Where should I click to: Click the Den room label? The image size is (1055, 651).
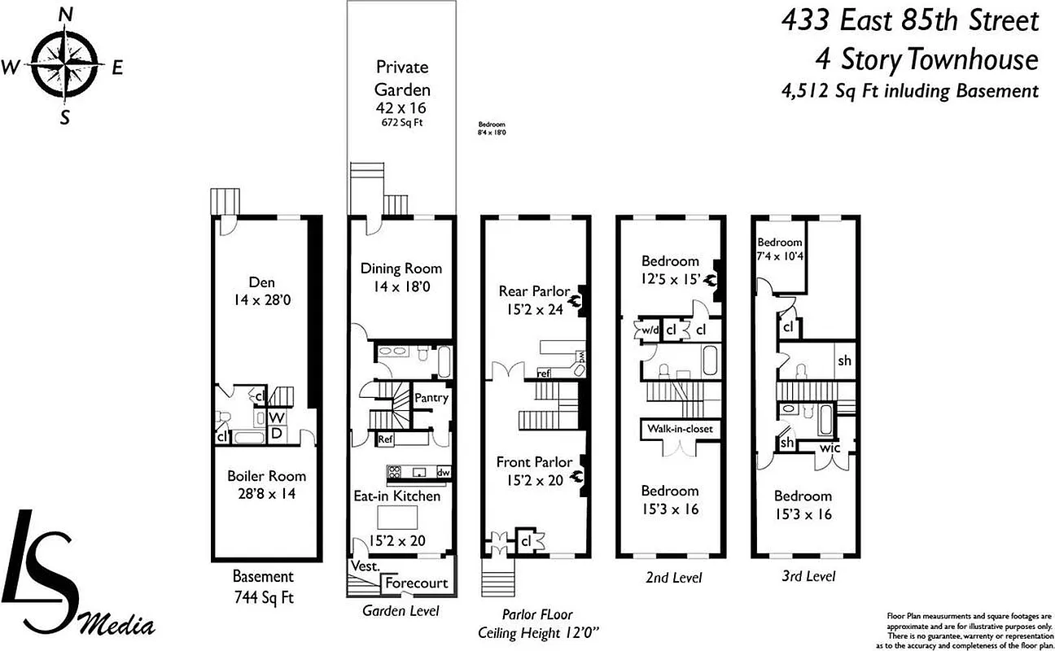pyautogui.click(x=261, y=291)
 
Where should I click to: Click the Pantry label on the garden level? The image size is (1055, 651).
pyautogui.click(x=431, y=398)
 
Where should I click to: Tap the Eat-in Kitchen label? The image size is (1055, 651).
pyautogui.click(x=396, y=496)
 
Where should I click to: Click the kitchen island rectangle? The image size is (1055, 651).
pyautogui.click(x=398, y=518)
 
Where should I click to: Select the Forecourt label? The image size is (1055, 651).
pyautogui.click(x=416, y=583)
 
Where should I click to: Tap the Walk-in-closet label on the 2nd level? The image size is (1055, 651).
pyautogui.click(x=680, y=429)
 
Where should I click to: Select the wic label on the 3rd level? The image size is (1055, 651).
pyautogui.click(x=830, y=448)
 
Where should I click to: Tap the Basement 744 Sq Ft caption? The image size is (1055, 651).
pyautogui.click(x=262, y=587)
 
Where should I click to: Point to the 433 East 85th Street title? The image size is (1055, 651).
pyautogui.click(x=909, y=21)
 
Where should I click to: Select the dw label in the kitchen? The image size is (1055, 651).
pyautogui.click(x=443, y=472)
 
